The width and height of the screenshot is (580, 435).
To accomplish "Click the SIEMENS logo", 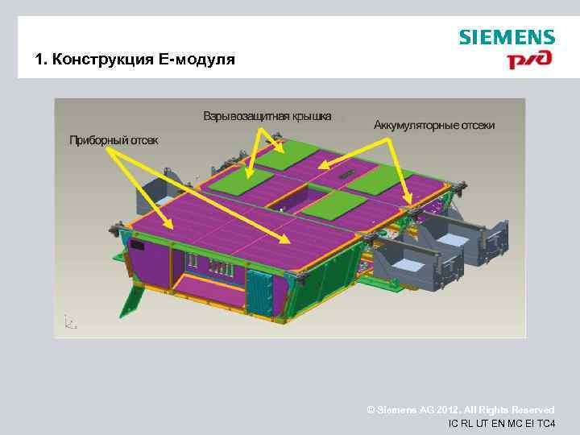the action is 507,37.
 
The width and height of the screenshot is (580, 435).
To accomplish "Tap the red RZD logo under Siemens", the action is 529,60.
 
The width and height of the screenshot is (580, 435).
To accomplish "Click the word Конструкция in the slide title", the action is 102,60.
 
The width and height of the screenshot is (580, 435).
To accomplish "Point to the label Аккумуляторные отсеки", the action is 434,126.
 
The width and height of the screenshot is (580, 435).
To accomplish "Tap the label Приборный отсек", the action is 114,140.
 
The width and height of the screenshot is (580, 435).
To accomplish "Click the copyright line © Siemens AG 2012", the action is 460,410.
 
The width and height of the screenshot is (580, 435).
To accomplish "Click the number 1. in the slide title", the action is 41,60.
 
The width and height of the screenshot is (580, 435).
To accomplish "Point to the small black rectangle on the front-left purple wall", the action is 136,244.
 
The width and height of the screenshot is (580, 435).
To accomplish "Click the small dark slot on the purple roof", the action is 346,175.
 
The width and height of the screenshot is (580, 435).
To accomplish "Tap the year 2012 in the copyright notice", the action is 430,410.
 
